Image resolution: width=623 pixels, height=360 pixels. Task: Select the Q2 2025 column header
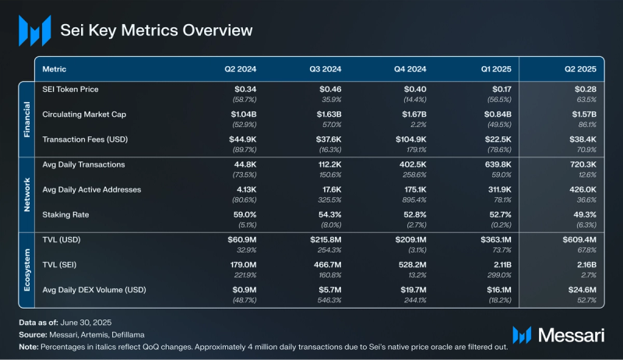[580, 69]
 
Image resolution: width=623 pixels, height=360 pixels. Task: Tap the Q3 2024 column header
[326, 69]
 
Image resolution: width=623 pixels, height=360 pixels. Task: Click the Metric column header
[55, 69]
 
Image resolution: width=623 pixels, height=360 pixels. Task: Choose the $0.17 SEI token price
[500, 90]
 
